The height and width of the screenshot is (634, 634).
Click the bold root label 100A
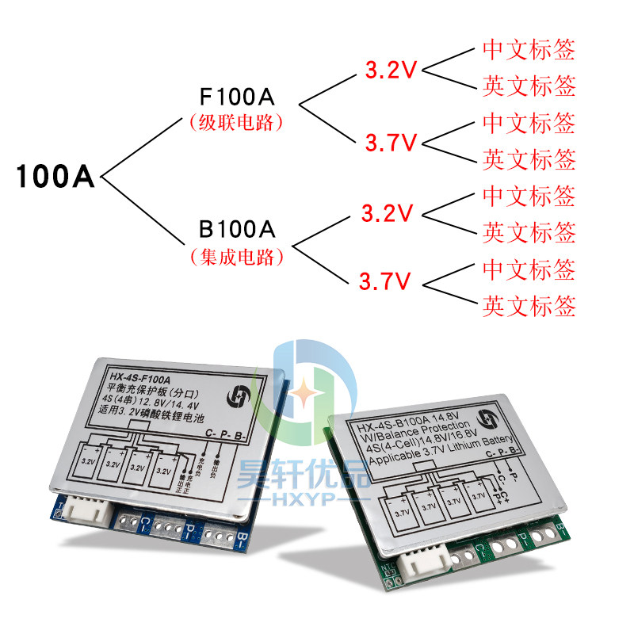pos(55,177)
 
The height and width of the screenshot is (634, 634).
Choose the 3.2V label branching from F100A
pos(391,70)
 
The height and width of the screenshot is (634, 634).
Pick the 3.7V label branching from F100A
pos(391,143)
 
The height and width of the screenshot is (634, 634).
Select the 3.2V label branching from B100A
pos(388,213)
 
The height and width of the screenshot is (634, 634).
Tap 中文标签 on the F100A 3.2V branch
pos(529,49)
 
